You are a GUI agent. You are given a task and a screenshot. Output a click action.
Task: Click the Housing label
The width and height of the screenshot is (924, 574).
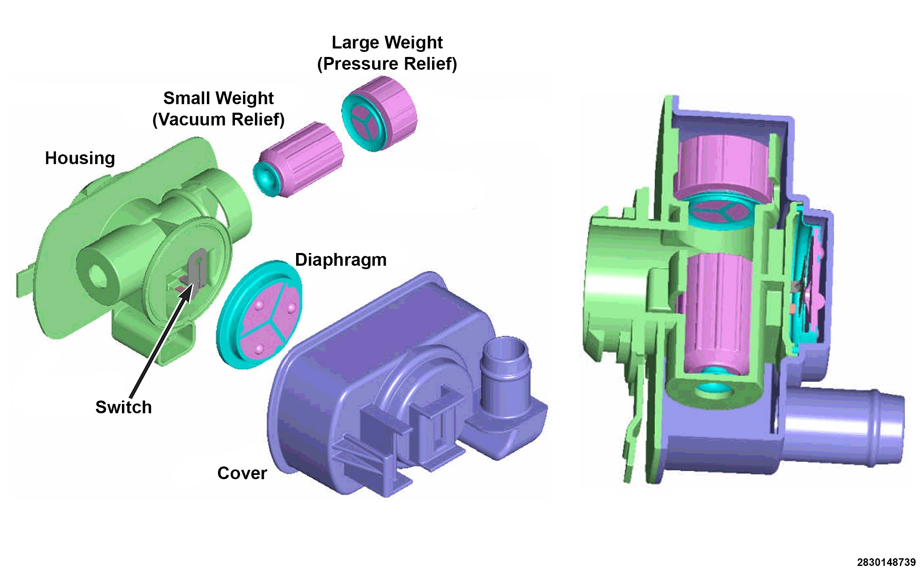coord(80,158)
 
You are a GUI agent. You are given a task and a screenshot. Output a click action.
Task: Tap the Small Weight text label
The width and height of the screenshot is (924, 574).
coord(218,98)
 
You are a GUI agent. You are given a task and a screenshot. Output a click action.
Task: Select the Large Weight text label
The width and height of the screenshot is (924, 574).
coord(387,43)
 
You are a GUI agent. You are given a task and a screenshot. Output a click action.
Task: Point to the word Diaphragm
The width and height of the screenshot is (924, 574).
coord(341,260)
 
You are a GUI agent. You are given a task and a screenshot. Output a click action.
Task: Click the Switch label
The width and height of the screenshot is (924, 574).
coord(124,407)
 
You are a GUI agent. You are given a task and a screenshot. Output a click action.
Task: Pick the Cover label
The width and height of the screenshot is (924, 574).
coord(242,473)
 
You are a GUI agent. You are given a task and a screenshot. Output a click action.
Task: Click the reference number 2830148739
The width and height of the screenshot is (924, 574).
coord(886,563)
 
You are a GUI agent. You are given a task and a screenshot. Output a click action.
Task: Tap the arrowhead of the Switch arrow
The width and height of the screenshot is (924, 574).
coord(188,293)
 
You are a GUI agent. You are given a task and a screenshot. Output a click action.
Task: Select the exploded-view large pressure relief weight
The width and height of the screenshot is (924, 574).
coord(379,114)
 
